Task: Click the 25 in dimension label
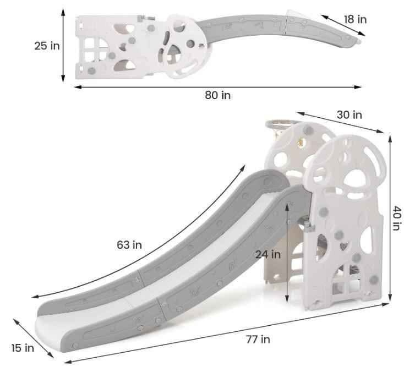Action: (47, 46)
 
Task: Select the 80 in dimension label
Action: (217, 95)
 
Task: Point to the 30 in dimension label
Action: (350, 114)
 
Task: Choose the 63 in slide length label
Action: (129, 244)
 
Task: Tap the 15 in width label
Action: (22, 347)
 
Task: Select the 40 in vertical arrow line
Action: (390, 220)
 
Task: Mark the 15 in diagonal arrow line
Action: (31, 337)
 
